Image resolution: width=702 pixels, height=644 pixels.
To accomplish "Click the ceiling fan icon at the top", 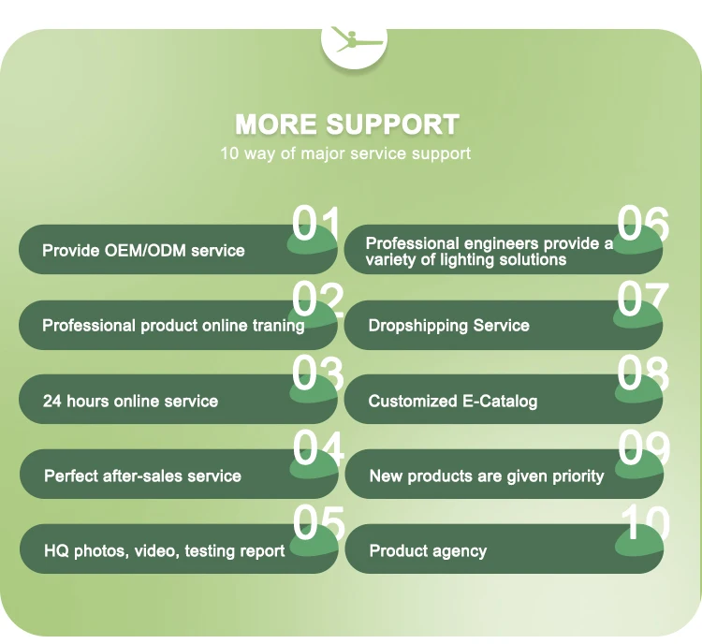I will tap(353, 40).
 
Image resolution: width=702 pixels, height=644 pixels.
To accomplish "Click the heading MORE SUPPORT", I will tap(346, 124).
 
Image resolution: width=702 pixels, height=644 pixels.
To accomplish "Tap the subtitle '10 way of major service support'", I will tap(345, 153).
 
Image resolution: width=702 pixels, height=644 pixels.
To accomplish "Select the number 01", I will tap(317, 226).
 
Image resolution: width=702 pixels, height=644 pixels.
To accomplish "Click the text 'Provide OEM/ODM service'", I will tap(143, 251).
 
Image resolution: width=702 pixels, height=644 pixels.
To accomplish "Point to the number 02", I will tap(318, 300).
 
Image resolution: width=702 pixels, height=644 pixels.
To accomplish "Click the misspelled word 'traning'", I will tap(278, 326).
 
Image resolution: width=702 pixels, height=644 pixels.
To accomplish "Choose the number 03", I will tap(318, 374).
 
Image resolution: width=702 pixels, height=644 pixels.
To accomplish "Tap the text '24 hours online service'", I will tap(130, 401).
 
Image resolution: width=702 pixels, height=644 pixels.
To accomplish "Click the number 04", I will tap(318, 448).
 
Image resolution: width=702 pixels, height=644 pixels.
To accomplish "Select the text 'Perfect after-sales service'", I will tap(142, 476).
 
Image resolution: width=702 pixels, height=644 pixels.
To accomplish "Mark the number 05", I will tap(318, 523).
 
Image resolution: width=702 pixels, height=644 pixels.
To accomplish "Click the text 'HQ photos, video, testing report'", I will tap(164, 550).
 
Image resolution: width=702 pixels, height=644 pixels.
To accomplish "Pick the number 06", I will tap(643, 226).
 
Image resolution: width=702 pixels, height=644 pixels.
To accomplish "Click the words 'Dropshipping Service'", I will tap(448, 326).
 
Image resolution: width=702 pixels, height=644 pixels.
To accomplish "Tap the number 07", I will tap(643, 300).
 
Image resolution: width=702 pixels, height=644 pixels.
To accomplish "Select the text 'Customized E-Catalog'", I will tap(453, 401).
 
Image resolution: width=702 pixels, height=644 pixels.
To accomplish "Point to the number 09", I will tap(643, 448).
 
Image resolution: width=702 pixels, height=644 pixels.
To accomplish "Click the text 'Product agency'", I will tap(428, 550).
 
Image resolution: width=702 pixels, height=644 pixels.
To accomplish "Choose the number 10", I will tap(644, 523).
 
